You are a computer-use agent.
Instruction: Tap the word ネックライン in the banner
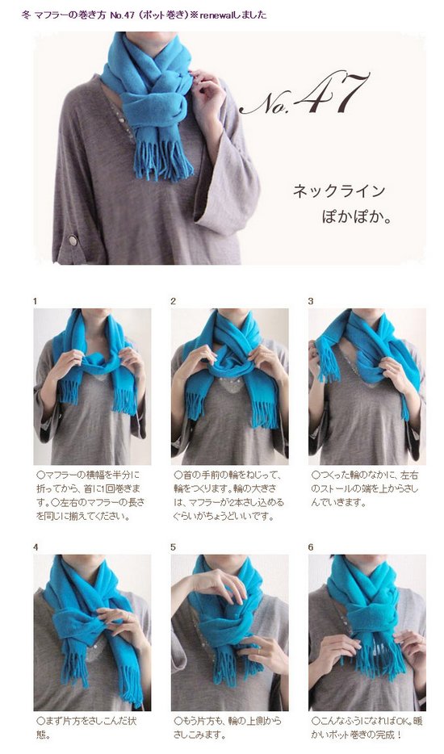click(x=339, y=191)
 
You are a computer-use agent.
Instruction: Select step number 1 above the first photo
click(x=35, y=301)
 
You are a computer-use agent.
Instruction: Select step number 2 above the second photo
click(x=174, y=301)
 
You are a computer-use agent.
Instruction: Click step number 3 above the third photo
click(x=311, y=301)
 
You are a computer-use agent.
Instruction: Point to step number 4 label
click(x=36, y=547)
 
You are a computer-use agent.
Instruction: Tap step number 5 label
click(x=174, y=547)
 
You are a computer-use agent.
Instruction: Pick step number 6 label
click(x=311, y=547)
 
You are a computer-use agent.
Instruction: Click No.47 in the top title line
click(x=121, y=15)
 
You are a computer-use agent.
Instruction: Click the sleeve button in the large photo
click(x=73, y=240)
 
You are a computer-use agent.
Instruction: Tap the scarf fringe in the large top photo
click(x=162, y=159)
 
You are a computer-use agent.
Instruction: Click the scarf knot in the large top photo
click(x=154, y=103)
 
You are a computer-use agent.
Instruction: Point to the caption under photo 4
click(x=86, y=728)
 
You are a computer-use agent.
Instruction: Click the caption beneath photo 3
click(x=365, y=489)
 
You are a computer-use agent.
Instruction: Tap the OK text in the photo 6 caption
click(x=398, y=721)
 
